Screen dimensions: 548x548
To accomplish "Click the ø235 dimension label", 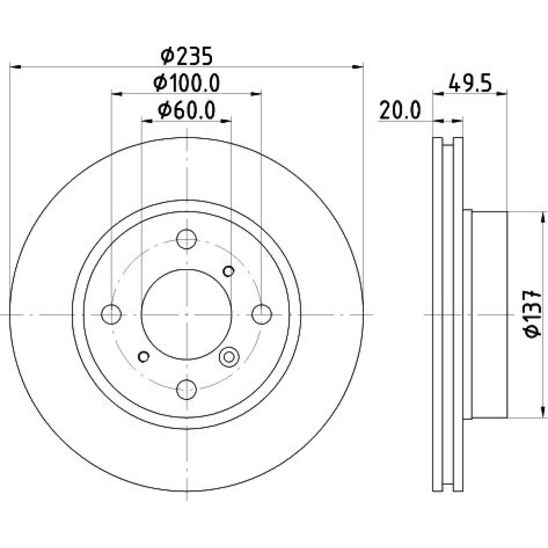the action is tap(186, 56).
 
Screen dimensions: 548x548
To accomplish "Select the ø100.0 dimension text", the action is tap(186, 83).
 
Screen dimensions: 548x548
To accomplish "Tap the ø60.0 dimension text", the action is tap(186, 111).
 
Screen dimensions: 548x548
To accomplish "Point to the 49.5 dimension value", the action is tap(470, 83).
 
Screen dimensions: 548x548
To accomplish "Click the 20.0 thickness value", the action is tap(400, 111).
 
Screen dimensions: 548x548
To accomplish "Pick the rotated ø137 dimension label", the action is tap(534, 314).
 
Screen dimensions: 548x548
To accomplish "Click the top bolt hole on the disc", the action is tap(186, 239).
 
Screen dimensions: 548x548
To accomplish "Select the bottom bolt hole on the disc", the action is tap(186, 389).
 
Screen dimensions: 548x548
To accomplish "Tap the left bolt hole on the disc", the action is tap(111, 314).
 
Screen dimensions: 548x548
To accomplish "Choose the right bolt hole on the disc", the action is tap(262, 314).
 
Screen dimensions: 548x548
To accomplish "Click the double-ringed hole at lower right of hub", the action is tap(229, 357).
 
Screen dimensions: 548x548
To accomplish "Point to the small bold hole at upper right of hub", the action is tap(229, 271).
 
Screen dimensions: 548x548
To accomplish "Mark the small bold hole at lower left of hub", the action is tap(144, 357).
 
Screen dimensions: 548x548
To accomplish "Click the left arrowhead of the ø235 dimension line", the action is tap(16, 66).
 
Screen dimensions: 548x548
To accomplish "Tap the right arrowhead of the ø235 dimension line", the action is tap(357, 66).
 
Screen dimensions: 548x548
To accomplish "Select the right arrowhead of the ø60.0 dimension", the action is tap(226, 121).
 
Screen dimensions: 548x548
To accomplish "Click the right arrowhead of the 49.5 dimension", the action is tap(501, 93).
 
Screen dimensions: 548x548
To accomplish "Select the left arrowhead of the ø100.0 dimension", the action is tap(117, 94).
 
